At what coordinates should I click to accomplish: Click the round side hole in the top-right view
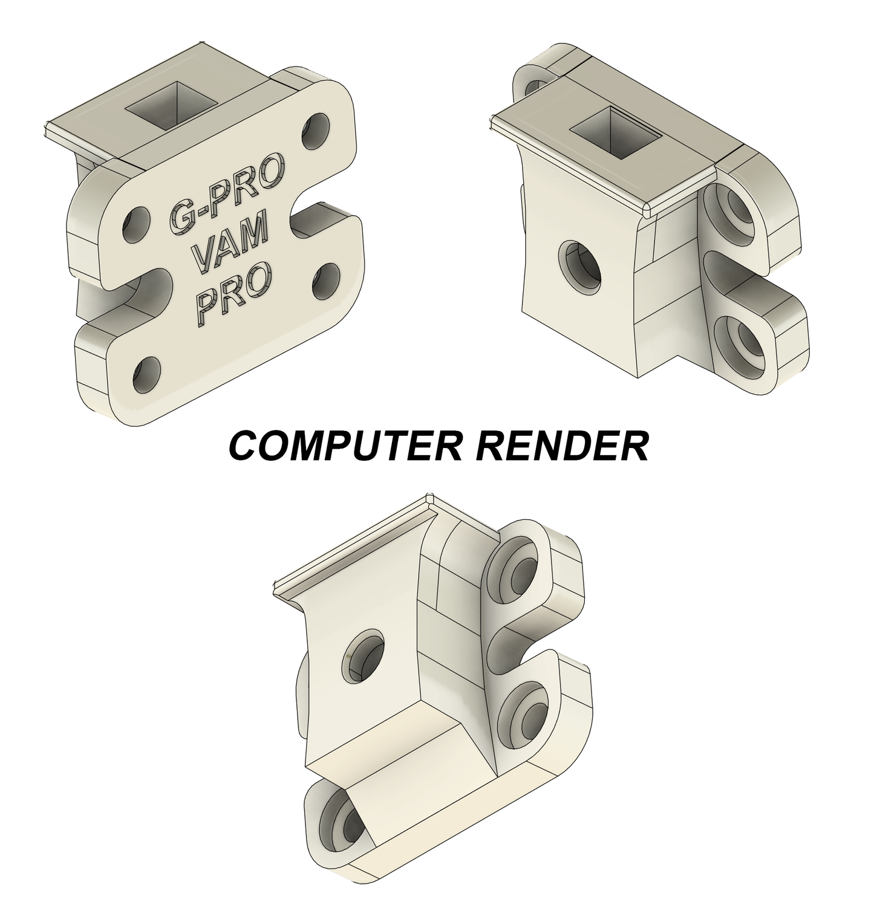pos(581,267)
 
